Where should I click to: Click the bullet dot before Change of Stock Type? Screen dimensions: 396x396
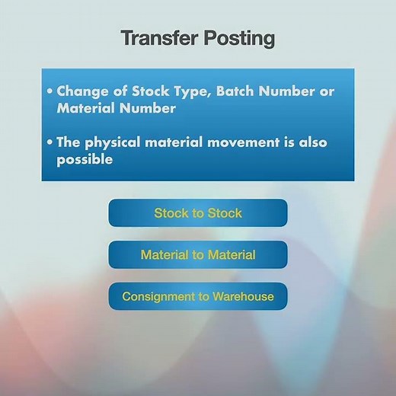click(50, 91)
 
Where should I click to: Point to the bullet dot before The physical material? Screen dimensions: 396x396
click(50, 142)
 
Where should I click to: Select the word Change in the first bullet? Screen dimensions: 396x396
click(79, 91)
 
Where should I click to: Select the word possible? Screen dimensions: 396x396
click(85, 160)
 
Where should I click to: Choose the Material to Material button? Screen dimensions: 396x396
click(198, 255)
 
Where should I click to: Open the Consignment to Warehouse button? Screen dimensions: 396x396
click(198, 296)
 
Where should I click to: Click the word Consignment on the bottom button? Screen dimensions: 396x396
click(157, 296)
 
